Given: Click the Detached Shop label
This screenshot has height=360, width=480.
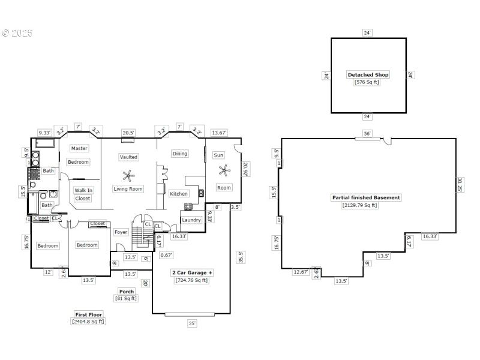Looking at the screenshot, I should [368, 75].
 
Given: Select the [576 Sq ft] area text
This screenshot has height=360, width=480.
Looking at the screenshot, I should [368, 82].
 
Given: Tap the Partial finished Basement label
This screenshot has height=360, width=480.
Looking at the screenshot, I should [365, 197].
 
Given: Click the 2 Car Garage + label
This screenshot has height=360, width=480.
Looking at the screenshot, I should [192, 272].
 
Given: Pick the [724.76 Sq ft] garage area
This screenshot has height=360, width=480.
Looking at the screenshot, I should [192, 280].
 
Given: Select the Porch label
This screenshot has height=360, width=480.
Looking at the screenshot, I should [126, 292].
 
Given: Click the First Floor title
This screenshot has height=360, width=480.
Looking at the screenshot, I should [88, 314].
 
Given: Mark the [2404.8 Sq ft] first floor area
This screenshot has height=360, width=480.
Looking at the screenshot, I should [88, 322].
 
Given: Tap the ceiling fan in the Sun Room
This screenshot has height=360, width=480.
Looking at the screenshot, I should [224, 171].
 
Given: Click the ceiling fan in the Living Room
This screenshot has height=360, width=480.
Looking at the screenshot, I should [128, 175].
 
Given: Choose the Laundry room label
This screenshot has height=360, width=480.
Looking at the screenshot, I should [191, 220].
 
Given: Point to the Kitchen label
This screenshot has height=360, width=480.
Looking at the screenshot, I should [178, 194].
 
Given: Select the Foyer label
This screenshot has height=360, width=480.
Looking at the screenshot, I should [121, 232].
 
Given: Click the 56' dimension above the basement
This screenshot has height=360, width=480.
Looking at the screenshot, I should [367, 133].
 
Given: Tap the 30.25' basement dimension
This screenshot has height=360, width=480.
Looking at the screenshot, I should [459, 185].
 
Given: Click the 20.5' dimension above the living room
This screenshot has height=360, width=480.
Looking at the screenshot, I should [128, 133].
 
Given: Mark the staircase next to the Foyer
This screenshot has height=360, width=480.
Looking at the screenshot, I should [144, 235].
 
